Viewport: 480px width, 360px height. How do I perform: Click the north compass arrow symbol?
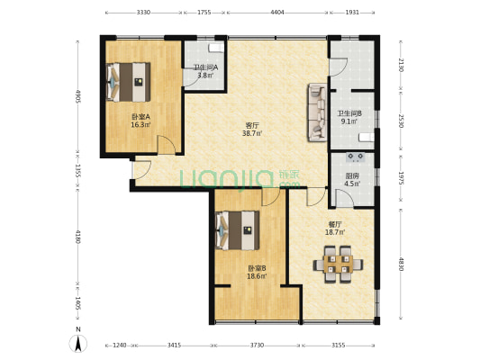tap(78, 343)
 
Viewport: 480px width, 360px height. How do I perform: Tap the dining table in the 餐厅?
tap(338, 265)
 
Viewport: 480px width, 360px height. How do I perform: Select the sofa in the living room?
tap(318, 112)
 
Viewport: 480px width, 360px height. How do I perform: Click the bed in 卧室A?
tap(128, 82)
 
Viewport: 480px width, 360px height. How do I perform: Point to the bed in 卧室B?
tap(238, 230)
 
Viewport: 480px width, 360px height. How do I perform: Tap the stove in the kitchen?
tap(356, 157)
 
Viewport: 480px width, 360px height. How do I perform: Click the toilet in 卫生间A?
tap(216, 48)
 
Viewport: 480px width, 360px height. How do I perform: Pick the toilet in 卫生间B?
tap(367, 138)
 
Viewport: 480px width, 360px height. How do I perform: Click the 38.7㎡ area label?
tap(252, 133)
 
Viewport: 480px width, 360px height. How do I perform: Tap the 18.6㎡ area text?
tap(257, 276)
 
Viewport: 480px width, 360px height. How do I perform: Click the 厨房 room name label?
tap(352, 175)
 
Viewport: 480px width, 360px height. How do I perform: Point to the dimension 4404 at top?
tap(277, 13)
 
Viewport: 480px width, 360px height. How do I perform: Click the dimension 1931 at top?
tap(352, 13)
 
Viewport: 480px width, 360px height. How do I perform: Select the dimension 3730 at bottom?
tap(257, 346)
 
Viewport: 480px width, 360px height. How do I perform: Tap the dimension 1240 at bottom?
tap(120, 346)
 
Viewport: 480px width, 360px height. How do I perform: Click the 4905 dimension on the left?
tap(77, 96)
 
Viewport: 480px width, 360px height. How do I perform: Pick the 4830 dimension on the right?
tap(401, 265)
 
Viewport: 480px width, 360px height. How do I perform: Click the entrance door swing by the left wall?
tap(141, 170)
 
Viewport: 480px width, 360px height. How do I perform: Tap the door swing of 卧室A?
tap(167, 145)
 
